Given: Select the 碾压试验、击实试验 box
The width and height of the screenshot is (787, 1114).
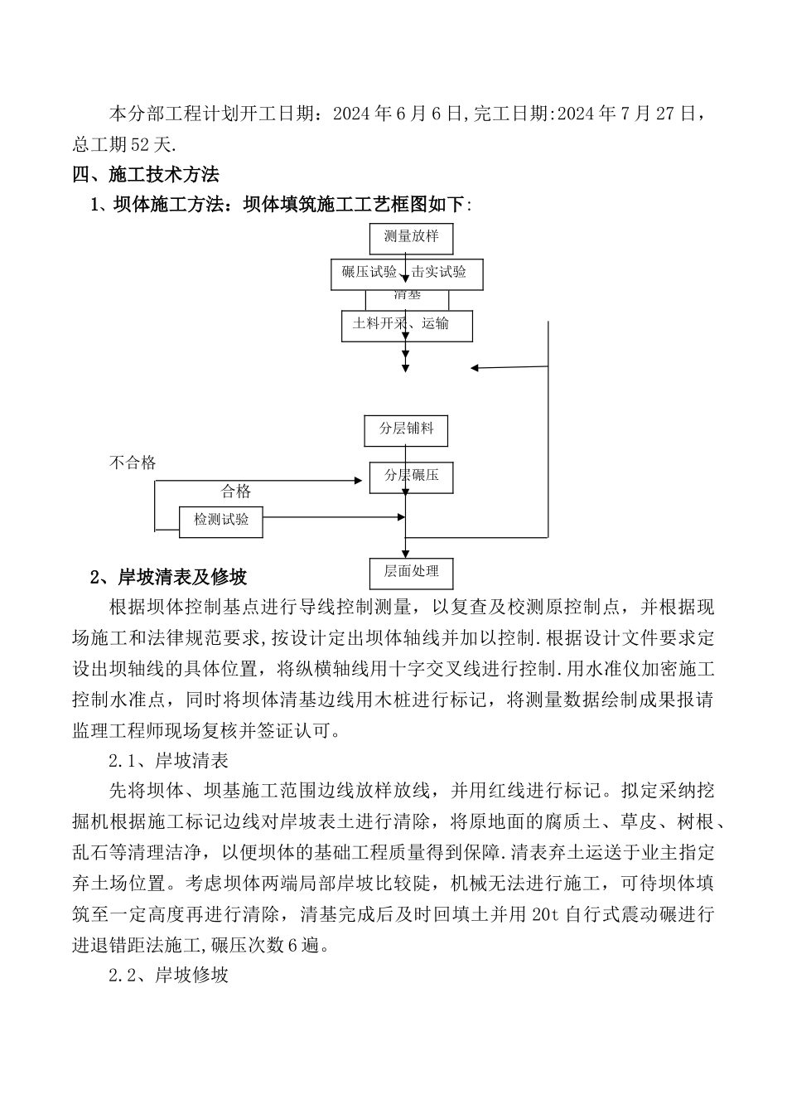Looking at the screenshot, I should (x=404, y=274).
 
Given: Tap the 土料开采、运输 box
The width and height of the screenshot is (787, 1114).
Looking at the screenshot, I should (x=406, y=325).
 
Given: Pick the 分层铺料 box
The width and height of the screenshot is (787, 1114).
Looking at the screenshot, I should (x=406, y=430).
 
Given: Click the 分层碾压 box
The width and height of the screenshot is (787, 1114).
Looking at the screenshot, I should (x=411, y=477).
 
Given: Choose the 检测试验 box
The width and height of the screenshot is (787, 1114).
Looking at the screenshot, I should (x=221, y=521).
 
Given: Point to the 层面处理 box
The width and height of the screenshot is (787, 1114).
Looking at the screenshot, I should (x=411, y=572).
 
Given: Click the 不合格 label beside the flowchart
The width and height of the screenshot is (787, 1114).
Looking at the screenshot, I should (x=133, y=463).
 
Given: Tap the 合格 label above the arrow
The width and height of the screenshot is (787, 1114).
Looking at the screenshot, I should (x=236, y=492).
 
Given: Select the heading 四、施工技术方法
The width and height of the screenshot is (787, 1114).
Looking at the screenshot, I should (x=146, y=175).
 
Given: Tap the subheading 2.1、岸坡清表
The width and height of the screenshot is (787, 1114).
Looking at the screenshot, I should (x=168, y=760).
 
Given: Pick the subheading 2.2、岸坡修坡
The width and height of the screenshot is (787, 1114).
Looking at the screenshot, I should (x=168, y=975).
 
